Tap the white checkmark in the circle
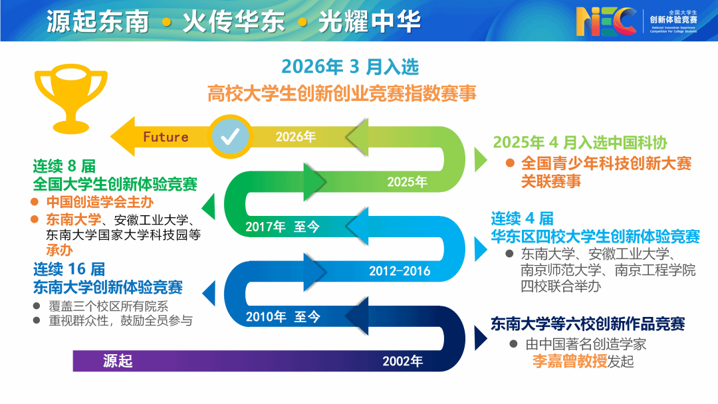[x=230, y=136]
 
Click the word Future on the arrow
[x=166, y=137]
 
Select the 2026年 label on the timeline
[x=295, y=136]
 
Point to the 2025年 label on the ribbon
[x=407, y=181]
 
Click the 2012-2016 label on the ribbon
[x=400, y=271]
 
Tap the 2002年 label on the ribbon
[x=402, y=361]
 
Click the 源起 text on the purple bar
[x=118, y=361]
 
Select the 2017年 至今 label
[x=283, y=227]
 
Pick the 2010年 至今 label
[x=283, y=316]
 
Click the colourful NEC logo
[x=606, y=21]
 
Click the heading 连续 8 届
[x=64, y=165]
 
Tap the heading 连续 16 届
[x=69, y=269]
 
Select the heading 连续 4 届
[x=522, y=218]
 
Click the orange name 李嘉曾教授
[x=569, y=361]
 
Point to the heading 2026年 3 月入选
[x=350, y=67]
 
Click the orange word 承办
[x=60, y=250]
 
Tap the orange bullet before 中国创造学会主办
[x=35, y=202]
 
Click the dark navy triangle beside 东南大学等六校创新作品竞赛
[x=481, y=339]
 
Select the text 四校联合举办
[x=560, y=286]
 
